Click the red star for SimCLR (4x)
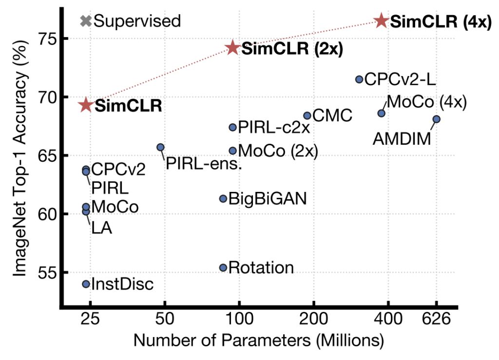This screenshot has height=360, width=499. [381, 20]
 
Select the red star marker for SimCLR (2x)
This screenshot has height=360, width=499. [232, 48]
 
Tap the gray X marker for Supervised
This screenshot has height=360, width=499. [86, 21]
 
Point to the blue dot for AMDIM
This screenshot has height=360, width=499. [437, 119]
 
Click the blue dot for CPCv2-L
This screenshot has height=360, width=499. [359, 79]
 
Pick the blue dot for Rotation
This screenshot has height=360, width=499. [223, 267]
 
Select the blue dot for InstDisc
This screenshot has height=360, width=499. [86, 284]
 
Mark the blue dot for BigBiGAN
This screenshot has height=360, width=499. [223, 198]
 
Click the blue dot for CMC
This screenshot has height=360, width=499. [307, 115]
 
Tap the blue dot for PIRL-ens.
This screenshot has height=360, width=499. [160, 147]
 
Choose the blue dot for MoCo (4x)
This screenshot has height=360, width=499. [382, 113]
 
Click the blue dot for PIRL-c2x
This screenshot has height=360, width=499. [232, 127]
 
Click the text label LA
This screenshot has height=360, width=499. [101, 227]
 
